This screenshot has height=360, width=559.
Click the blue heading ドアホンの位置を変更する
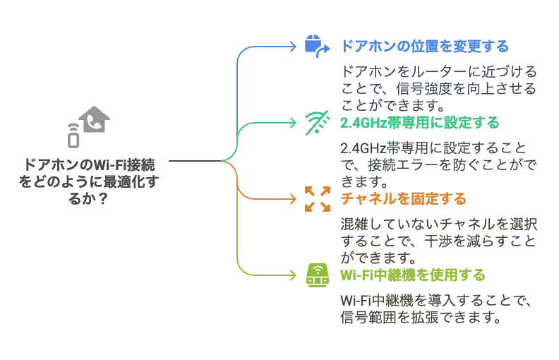[425, 47]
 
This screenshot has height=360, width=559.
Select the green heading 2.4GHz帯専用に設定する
[420, 123]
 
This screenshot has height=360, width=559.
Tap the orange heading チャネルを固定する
[403, 199]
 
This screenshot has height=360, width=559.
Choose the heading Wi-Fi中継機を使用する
[413, 275]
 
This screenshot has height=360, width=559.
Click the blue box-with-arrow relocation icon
[317, 47]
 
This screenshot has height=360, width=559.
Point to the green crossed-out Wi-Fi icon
[317, 123]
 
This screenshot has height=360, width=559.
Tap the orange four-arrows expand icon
[318, 199]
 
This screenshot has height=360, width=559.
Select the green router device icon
[318, 275]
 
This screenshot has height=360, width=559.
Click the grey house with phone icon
[94, 119]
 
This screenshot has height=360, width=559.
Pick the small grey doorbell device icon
[73, 136]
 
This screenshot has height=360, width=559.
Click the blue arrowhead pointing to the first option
[293, 47]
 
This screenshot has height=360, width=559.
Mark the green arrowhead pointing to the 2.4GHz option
[293, 123]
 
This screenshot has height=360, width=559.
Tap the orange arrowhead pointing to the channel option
[293, 199]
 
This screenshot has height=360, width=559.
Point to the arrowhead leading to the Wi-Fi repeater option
[293, 275]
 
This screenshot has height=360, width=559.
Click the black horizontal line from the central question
[195, 161]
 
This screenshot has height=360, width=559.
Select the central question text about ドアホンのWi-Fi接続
[89, 182]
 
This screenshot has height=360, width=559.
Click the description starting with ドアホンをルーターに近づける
[439, 88]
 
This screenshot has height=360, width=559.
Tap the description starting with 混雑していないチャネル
[439, 241]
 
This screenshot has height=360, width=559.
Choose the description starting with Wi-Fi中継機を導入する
[436, 308]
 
